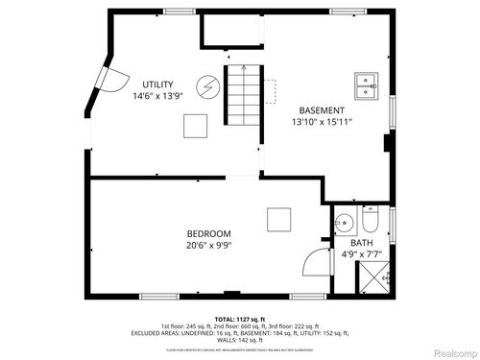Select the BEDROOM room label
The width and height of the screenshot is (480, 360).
[208, 232]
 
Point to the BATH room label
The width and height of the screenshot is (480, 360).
[361, 243]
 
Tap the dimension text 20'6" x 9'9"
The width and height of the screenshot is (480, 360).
[208, 245]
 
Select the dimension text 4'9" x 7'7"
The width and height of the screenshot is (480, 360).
[361, 255]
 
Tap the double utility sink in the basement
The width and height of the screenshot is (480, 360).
[365, 85]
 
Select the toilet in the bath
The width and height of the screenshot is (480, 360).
[371, 224]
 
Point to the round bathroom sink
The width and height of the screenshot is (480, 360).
[344, 225]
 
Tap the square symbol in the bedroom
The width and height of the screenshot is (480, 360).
[278, 219]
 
